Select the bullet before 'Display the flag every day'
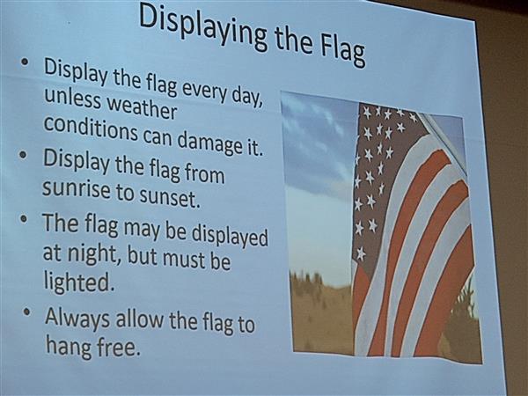point(25,62)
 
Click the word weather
point(142,106)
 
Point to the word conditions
point(91,128)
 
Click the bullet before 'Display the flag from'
point(23,155)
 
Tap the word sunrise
point(76,188)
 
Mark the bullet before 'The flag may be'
point(23,219)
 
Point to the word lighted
point(77,282)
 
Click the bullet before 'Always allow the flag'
point(27,312)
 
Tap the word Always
point(77,319)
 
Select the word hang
point(69,346)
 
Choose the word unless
point(72,98)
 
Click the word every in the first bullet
point(205,91)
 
